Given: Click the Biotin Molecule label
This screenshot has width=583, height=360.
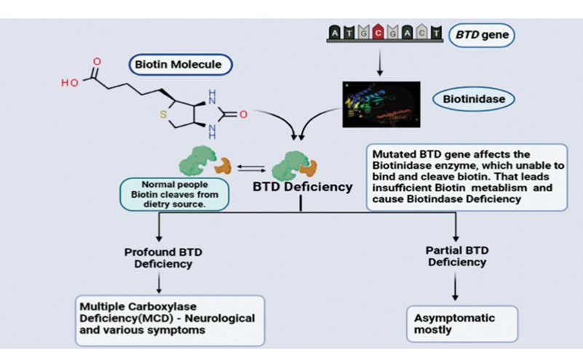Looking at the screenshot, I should pos(178,64).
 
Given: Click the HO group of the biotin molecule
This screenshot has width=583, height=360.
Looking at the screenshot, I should pos(70,83).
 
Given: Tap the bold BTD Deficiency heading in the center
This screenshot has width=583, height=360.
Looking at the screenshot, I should pos(302,186).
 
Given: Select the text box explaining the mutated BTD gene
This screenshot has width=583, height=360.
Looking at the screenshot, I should pos(466,176).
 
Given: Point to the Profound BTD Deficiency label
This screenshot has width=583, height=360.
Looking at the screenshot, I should pos(162,257).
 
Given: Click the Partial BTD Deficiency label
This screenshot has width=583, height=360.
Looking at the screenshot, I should pos(456,256).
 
